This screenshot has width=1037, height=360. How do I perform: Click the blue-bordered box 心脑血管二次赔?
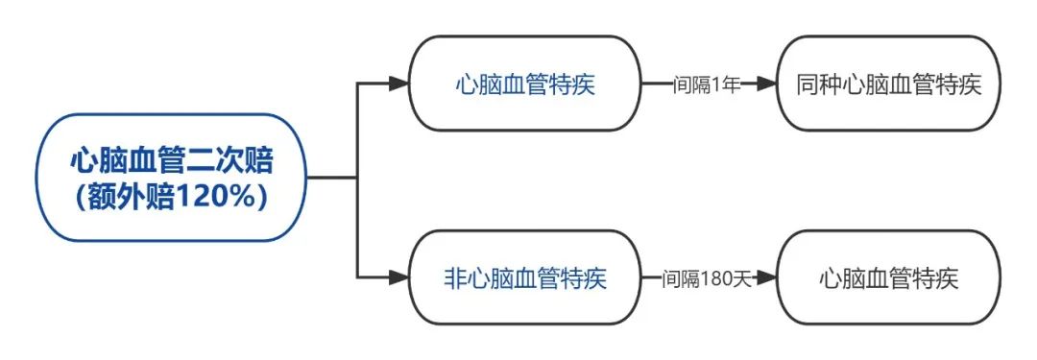coord(171,178)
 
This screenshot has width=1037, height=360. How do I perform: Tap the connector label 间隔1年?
coord(707,84)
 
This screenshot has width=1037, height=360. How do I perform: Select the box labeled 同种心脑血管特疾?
coord(888,84)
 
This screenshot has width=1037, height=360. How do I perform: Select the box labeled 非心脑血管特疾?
coord(525,278)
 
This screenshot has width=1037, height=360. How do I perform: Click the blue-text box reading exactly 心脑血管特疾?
coord(525,84)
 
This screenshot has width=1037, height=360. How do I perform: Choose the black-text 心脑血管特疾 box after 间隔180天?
coord(888,278)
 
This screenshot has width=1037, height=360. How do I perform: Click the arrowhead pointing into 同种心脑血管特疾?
coord(765,84)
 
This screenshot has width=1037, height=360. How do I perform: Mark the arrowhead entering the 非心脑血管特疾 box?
coord(399,278)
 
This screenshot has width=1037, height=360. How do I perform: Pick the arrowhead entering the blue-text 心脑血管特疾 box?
coord(399,84)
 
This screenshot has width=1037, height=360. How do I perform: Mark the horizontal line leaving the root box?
coord(331,179)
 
